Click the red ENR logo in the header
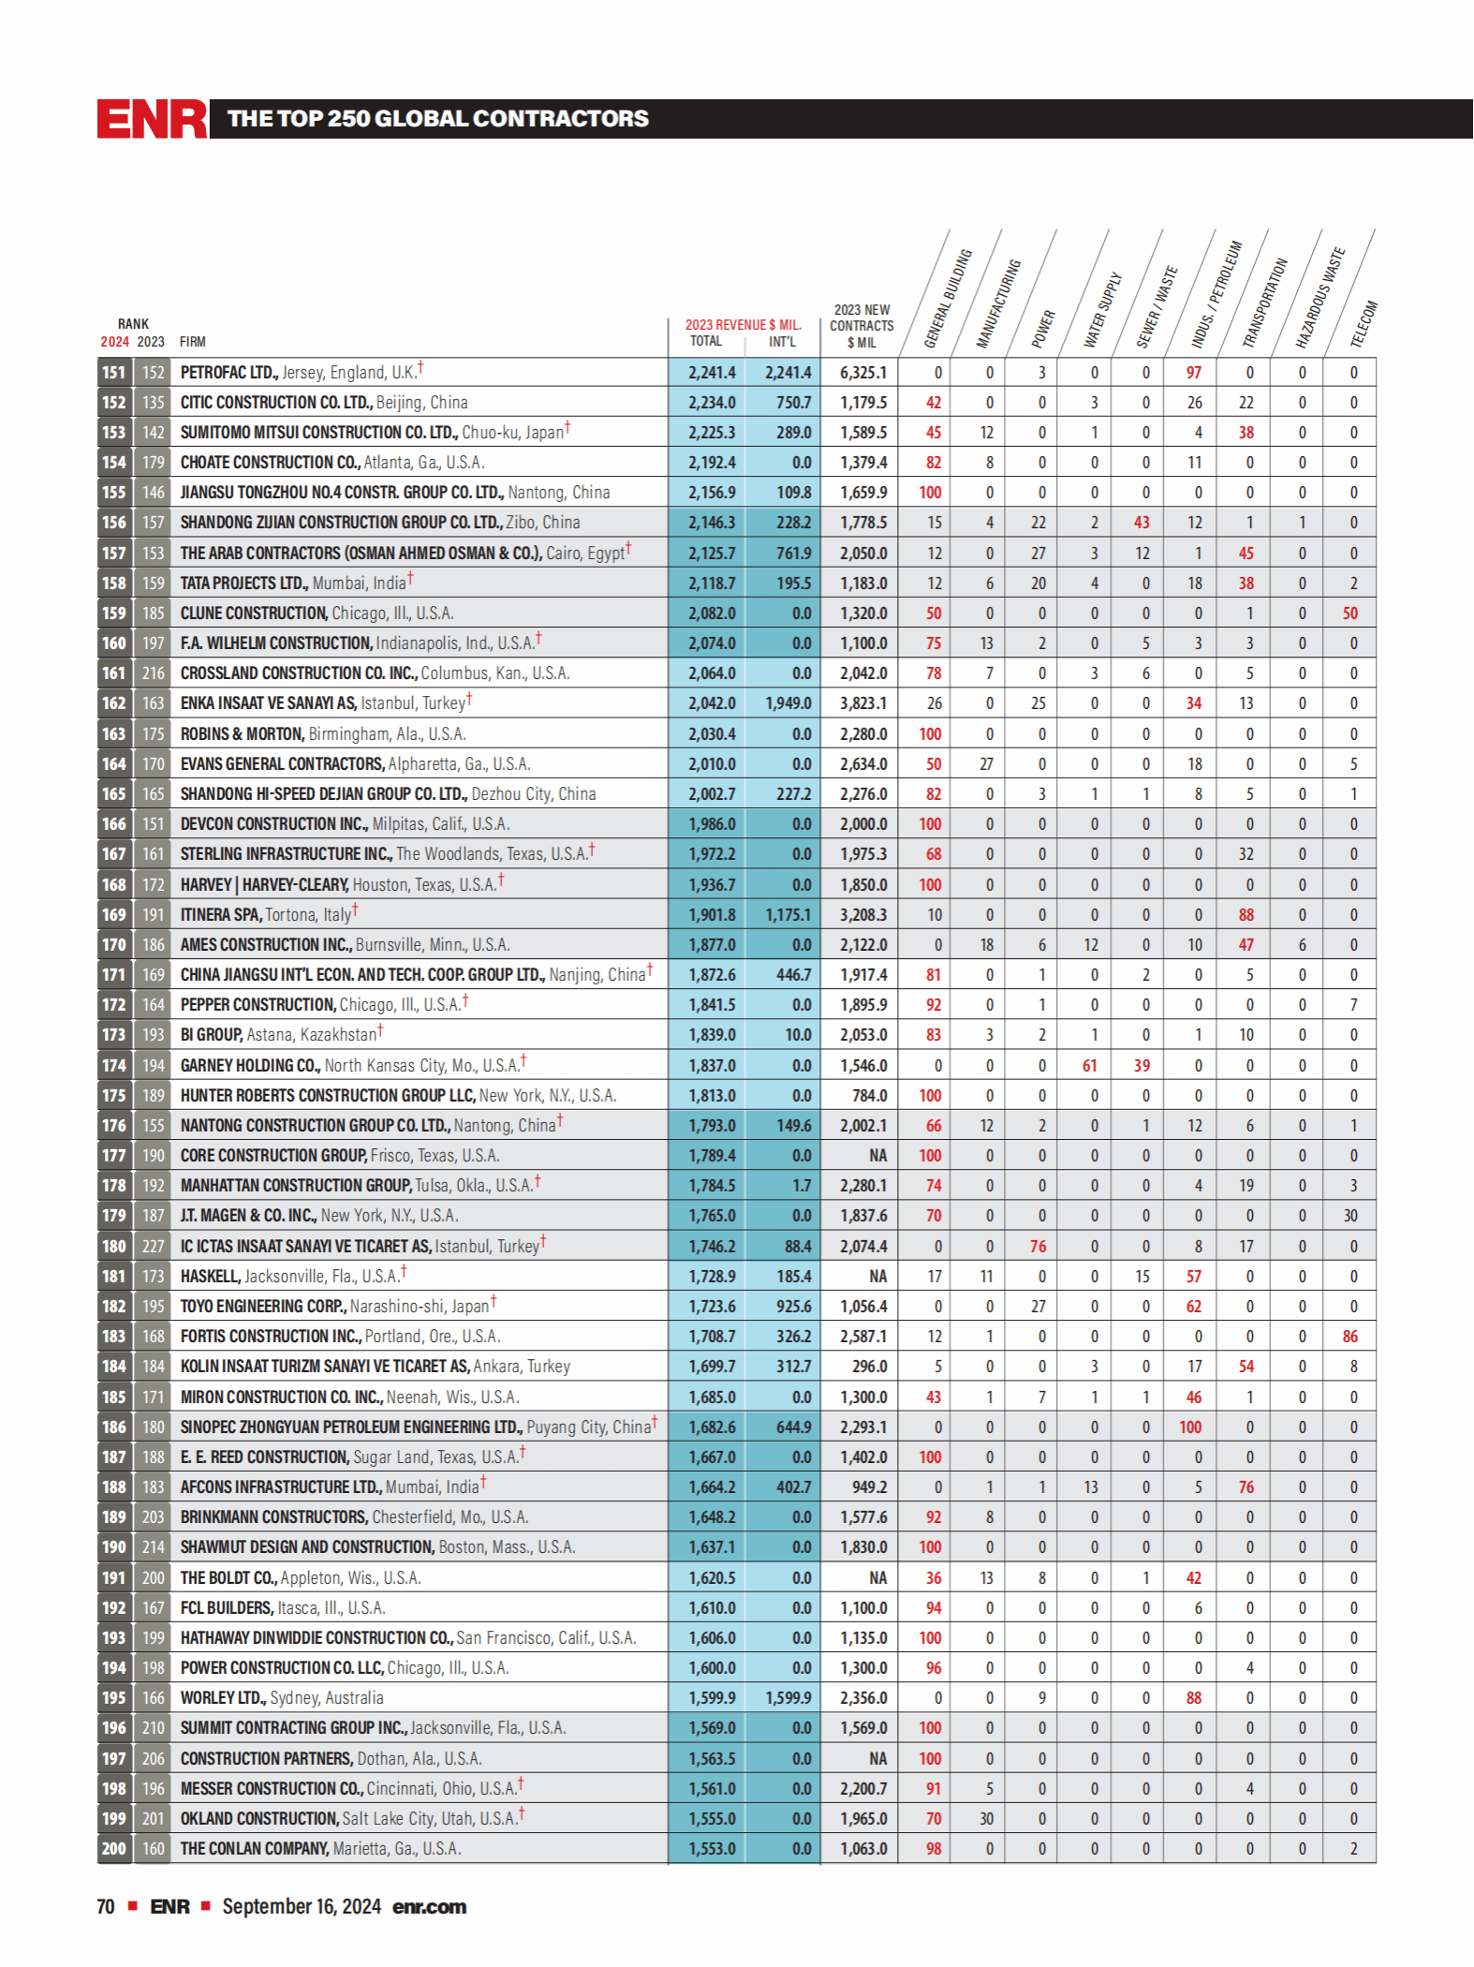click(152, 119)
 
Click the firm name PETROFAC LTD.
click(228, 373)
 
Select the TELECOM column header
click(1363, 323)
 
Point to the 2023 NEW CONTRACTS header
click(862, 326)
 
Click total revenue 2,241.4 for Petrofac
click(712, 373)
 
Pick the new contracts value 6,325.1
click(863, 373)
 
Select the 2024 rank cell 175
click(114, 1096)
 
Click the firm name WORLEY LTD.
click(223, 1698)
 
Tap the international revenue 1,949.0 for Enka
click(789, 703)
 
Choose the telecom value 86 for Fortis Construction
click(1349, 1337)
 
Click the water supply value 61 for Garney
click(1089, 1066)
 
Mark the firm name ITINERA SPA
click(221, 915)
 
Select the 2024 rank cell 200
click(114, 1849)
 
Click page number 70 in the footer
click(106, 1907)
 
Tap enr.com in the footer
click(429, 1907)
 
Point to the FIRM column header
click(192, 343)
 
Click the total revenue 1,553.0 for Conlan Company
click(712, 1849)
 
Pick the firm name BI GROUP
click(211, 1035)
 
